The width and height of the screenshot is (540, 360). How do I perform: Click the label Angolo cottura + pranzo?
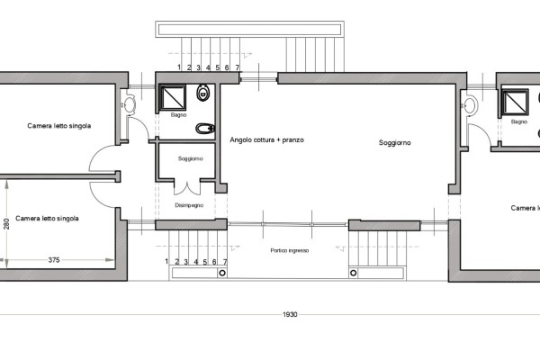(x=267, y=139)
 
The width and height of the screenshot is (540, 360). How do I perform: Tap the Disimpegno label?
(x=189, y=205)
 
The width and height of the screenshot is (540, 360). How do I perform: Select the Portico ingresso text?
(x=290, y=250)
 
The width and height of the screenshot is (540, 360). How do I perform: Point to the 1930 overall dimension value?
(x=290, y=314)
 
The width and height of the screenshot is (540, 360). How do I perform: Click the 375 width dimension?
(x=54, y=260)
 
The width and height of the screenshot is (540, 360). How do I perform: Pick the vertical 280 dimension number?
(x=6, y=223)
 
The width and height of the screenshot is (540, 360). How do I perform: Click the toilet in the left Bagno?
(x=203, y=93)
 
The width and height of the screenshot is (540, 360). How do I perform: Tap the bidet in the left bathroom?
(x=205, y=129)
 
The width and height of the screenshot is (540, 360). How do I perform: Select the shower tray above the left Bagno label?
(x=173, y=98)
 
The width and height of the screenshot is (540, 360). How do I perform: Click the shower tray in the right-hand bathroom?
(x=515, y=103)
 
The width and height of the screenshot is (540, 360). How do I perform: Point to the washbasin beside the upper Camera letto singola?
(x=130, y=104)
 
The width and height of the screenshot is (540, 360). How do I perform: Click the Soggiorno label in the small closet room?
(x=191, y=158)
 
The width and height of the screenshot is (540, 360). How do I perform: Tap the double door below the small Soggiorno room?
(x=187, y=188)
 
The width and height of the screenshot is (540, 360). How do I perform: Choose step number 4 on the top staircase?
(x=208, y=67)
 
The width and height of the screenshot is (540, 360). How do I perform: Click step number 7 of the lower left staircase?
(x=225, y=262)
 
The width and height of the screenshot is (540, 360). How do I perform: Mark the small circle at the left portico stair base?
(x=222, y=274)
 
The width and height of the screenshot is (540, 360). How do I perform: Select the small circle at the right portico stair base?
(x=354, y=274)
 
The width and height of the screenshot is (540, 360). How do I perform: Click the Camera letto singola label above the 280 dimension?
(x=47, y=219)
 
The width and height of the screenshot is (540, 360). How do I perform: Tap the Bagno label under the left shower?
(x=179, y=115)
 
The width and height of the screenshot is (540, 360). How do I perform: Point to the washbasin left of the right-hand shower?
(x=471, y=105)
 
